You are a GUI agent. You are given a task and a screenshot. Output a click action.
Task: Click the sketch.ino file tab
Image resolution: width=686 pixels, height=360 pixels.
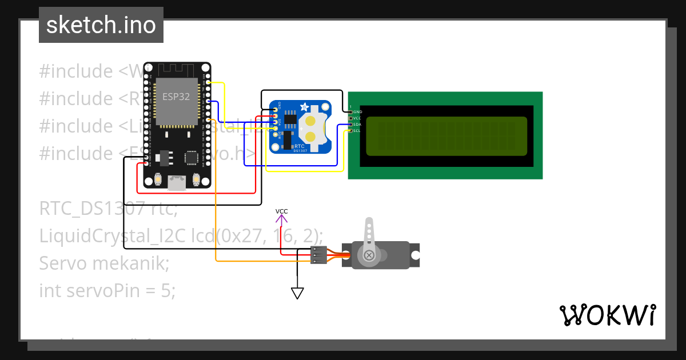(101, 25)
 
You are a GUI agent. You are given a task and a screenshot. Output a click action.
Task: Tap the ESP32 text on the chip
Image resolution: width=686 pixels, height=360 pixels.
(176, 97)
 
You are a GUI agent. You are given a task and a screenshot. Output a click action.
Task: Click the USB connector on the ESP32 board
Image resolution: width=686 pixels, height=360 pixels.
(177, 182)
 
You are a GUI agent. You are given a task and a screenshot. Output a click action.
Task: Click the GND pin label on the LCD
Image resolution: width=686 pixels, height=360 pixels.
(357, 112)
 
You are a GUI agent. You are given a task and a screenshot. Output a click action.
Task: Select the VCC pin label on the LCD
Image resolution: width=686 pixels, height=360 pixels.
(357, 118)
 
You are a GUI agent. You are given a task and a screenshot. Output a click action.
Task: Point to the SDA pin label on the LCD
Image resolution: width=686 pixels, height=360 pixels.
(357, 125)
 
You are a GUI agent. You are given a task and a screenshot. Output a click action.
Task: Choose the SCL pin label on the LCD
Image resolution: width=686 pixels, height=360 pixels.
(357, 131)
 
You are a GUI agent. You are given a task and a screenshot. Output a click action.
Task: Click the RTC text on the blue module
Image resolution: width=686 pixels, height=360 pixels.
(298, 146)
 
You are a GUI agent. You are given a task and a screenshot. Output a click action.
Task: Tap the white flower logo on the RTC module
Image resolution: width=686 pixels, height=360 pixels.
(305, 107)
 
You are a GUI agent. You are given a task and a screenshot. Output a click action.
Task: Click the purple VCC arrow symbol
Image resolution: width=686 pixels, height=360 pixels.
(282, 217)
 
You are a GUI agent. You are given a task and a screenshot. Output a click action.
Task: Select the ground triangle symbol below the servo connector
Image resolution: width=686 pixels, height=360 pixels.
(297, 293)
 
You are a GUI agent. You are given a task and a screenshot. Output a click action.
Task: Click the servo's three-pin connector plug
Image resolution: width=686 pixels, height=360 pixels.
(318, 255)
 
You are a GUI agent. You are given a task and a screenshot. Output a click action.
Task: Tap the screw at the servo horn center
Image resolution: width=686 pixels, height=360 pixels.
(369, 255)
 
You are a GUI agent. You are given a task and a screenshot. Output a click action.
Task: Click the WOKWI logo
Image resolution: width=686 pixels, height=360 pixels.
(607, 315)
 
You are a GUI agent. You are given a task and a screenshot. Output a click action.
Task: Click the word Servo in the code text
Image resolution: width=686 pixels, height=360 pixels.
(64, 263)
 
